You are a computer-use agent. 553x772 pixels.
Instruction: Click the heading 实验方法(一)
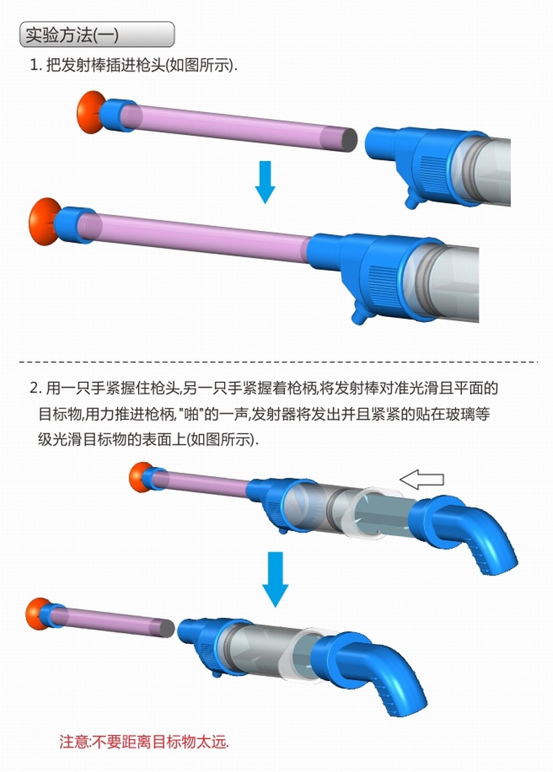point(72,35)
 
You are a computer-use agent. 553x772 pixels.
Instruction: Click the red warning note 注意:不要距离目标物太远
point(144,741)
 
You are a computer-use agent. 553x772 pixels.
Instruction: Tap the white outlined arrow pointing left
point(421,479)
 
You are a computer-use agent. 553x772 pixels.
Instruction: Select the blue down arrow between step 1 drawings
point(265,182)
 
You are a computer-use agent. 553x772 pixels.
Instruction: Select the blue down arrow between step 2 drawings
point(275,579)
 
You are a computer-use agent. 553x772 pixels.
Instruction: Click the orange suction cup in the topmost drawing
point(89,112)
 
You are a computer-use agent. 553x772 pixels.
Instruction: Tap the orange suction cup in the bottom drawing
point(37,614)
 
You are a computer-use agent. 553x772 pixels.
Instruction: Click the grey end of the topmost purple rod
point(349,140)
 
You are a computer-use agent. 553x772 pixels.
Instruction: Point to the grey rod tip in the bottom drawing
point(167,629)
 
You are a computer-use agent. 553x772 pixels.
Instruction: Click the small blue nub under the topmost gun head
point(411,200)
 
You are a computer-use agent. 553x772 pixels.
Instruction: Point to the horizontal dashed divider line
point(278,362)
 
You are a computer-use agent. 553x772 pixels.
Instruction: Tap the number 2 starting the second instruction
point(34,388)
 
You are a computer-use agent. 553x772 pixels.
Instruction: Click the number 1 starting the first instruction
point(34,65)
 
